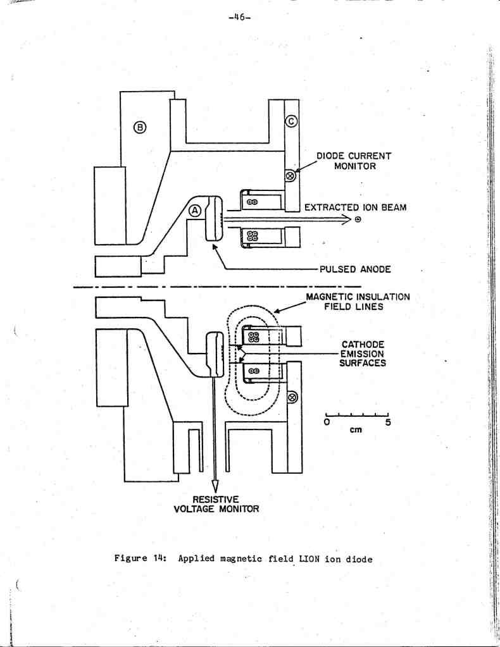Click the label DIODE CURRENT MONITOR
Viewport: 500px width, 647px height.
(x=354, y=161)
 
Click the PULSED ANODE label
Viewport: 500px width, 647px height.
(x=355, y=269)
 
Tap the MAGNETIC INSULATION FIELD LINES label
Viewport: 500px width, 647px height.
(x=358, y=301)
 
